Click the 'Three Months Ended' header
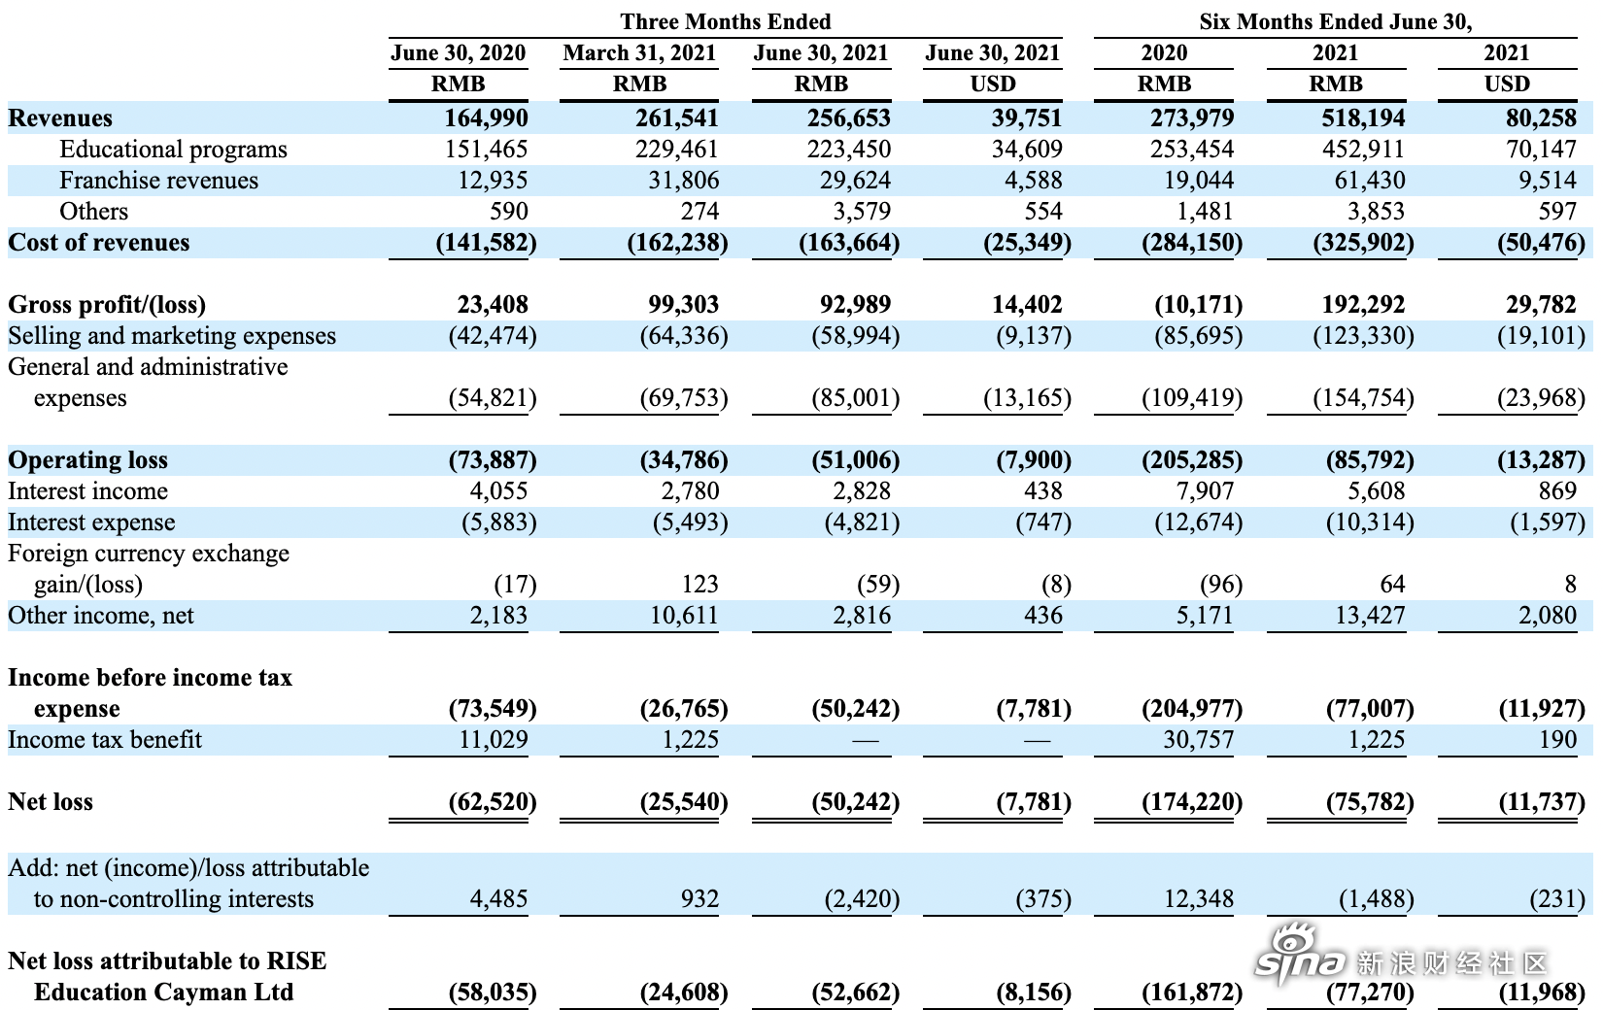[x=725, y=21]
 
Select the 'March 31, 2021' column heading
[x=639, y=53]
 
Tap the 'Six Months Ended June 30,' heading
[x=1336, y=21]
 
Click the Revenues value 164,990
[x=486, y=118]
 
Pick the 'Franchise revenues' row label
[x=159, y=181]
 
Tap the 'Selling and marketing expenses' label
[x=172, y=335]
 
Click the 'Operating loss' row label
[x=88, y=460]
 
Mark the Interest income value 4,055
[x=498, y=490]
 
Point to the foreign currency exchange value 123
[x=699, y=585]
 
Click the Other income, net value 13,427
[x=1370, y=615]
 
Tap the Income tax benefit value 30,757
[x=1198, y=739]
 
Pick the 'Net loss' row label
[x=51, y=802]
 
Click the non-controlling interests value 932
[x=699, y=898]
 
